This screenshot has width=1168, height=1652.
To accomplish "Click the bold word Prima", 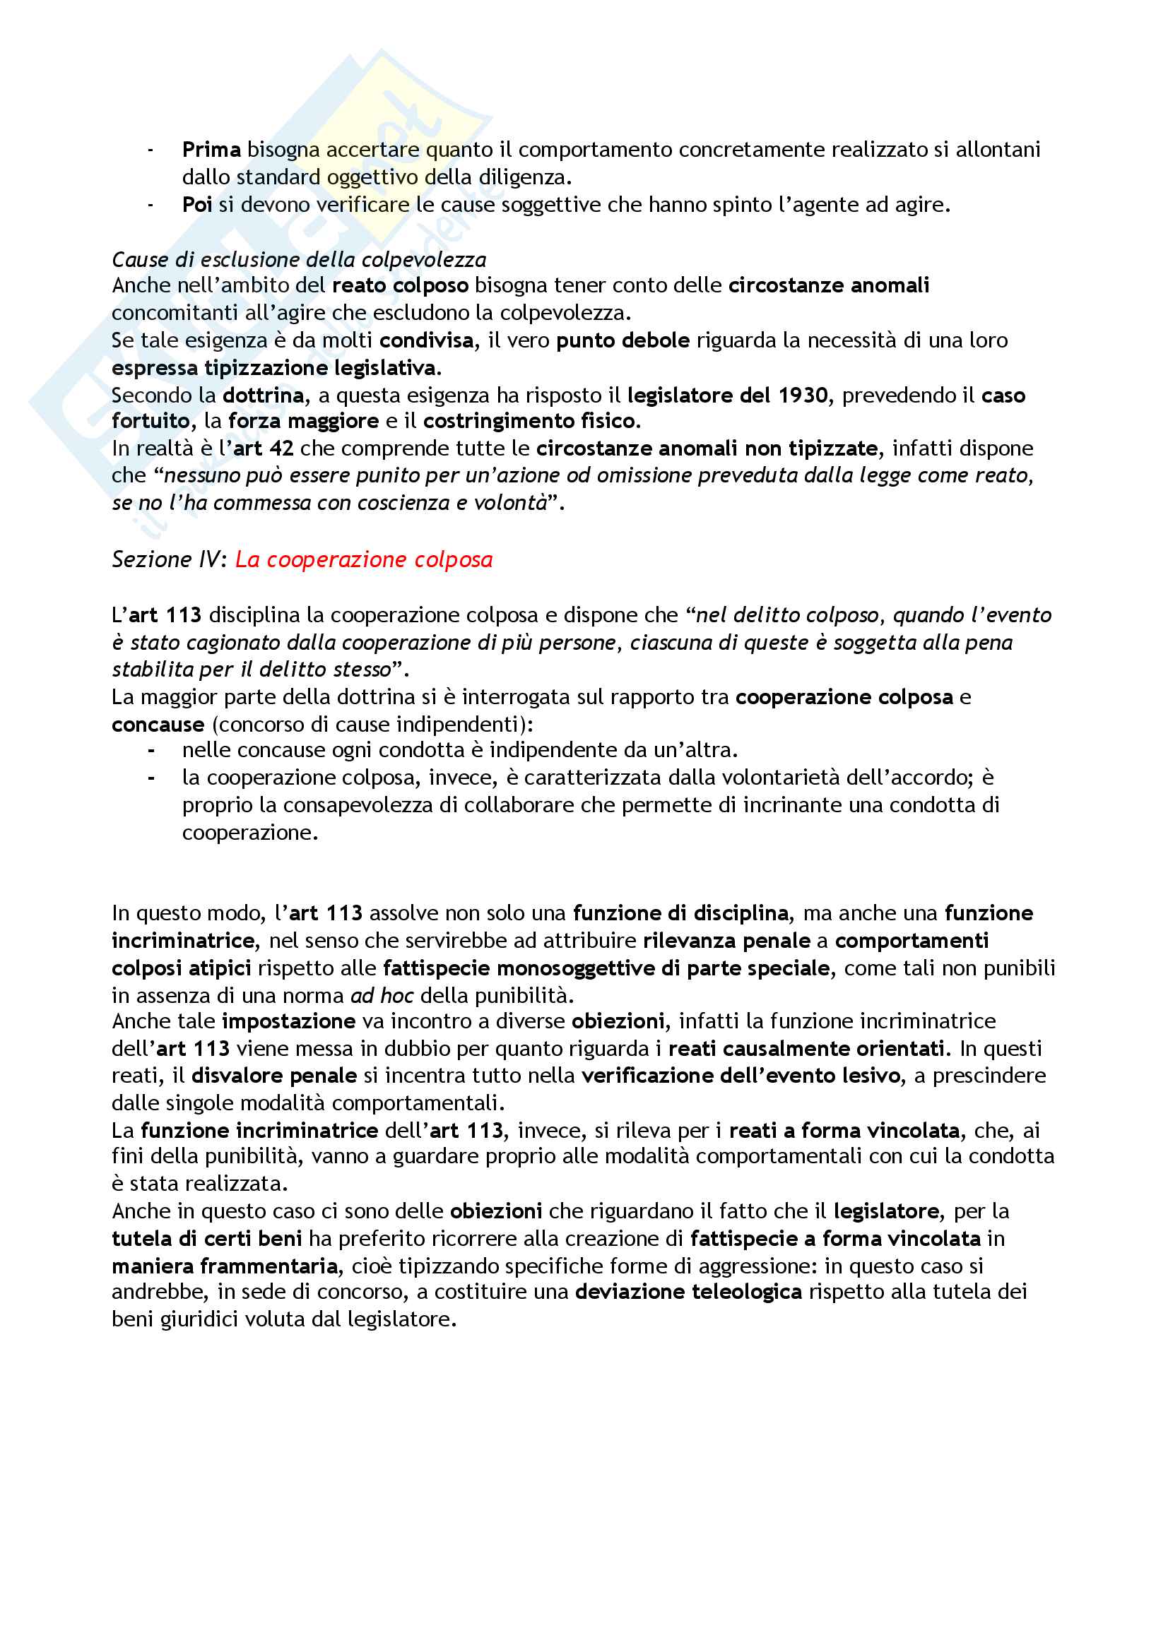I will (211, 150).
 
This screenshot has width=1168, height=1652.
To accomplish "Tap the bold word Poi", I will (196, 205).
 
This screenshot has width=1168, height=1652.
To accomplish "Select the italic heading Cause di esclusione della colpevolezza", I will (299, 260).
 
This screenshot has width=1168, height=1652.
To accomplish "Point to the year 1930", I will (804, 395).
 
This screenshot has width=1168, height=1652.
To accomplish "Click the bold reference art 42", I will (264, 448).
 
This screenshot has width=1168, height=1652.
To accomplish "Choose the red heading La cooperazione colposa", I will (363, 559).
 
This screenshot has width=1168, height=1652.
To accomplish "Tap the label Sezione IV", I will (168, 559).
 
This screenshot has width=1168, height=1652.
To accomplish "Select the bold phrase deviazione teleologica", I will (688, 1292).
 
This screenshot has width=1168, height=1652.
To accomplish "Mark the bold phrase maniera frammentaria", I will (225, 1266).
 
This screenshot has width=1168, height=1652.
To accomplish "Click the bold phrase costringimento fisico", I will (531, 421).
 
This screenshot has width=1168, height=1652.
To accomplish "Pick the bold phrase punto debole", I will (623, 340).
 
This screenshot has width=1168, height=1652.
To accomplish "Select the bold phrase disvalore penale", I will (274, 1076).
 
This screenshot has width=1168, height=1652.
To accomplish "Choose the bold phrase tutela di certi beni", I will (206, 1238).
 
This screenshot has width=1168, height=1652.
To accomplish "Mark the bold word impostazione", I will (288, 1021).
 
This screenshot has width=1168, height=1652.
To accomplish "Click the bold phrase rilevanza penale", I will (726, 940).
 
